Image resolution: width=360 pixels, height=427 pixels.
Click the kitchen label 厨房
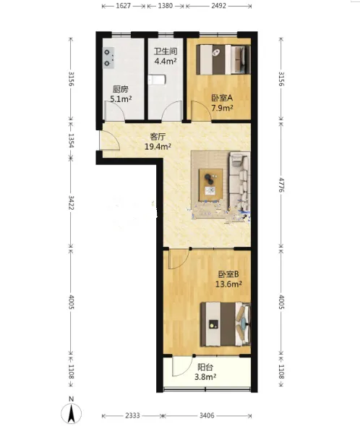[x=120, y=89]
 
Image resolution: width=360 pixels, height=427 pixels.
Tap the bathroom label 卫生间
[x=166, y=51]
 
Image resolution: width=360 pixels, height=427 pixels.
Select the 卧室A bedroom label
[x=222, y=98]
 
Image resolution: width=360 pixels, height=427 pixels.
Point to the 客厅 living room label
[x=158, y=137]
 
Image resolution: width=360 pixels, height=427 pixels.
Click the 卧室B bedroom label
[x=228, y=274]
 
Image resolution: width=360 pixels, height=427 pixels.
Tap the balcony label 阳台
[x=205, y=368]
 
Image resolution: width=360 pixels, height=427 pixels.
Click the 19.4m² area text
[x=158, y=147]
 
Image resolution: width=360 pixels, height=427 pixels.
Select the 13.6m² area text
[x=228, y=284]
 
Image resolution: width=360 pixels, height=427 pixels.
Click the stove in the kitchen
[x=108, y=58]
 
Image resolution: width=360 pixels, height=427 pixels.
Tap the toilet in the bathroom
[x=157, y=80]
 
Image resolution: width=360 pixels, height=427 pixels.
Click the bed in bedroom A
[x=223, y=59]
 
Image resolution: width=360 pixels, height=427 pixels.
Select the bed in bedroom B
[x=226, y=324]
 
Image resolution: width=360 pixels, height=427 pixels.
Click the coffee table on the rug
[x=210, y=185]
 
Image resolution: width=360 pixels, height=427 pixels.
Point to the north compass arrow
[x=71, y=413]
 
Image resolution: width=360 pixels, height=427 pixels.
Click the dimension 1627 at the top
[x=124, y=6]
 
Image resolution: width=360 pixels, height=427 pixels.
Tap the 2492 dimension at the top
[x=218, y=6]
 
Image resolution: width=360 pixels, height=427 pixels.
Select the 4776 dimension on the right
[x=282, y=185]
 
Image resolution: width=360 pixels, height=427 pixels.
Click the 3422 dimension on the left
[x=71, y=203]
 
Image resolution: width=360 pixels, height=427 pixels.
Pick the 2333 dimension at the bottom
[x=132, y=415]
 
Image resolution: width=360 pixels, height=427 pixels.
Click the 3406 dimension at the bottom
[x=207, y=415]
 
